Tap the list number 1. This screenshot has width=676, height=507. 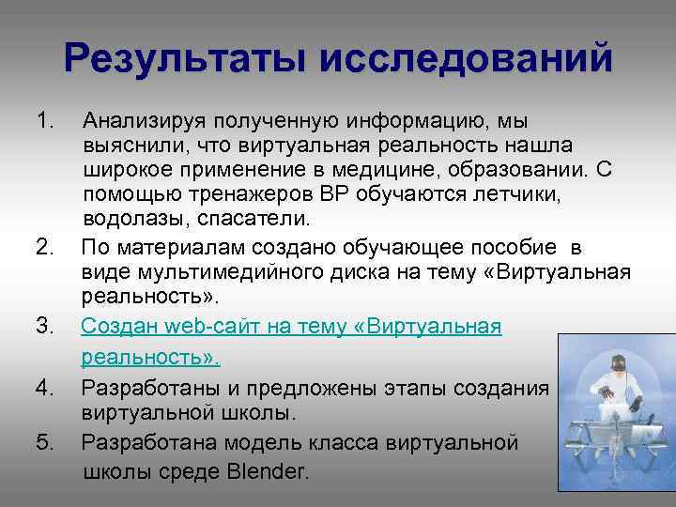[44, 121]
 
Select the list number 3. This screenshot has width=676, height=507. [44, 327]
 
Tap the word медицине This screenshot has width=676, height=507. [407, 170]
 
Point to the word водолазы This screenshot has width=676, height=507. [128, 219]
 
